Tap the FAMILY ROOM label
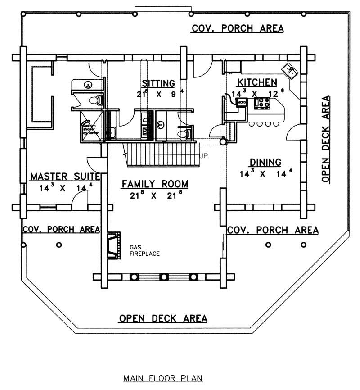click(154, 184)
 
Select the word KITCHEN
click(256, 82)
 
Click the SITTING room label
click(158, 83)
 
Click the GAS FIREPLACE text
click(144, 251)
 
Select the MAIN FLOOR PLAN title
click(163, 378)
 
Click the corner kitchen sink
click(289, 71)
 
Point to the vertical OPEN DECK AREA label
click(326, 139)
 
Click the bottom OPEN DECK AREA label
click(163, 318)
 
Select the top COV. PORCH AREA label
click(238, 28)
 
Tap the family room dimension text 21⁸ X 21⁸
click(154, 196)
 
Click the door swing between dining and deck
click(293, 133)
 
